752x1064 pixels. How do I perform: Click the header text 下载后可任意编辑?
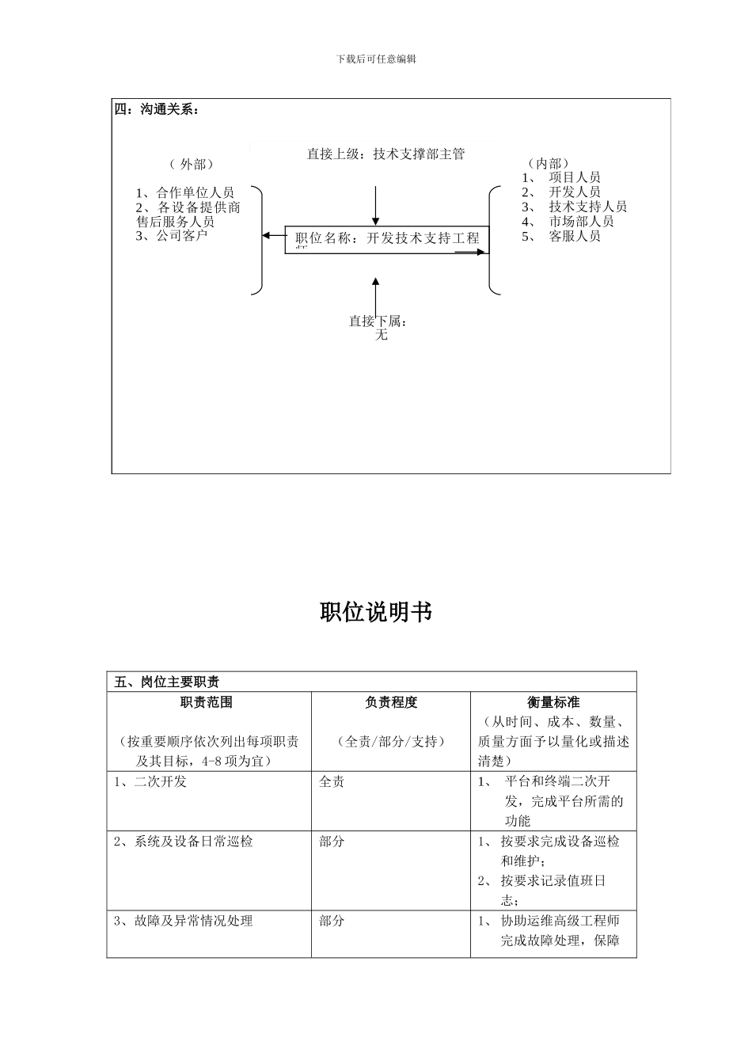pyautogui.click(x=376, y=59)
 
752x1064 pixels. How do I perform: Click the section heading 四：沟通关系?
pyautogui.click(x=156, y=109)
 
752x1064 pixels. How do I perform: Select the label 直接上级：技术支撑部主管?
pyautogui.click(x=385, y=154)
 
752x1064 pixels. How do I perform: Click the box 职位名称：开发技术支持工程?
pyautogui.click(x=387, y=238)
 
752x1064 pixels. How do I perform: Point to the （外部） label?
pyautogui.click(x=191, y=165)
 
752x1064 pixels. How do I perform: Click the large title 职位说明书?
pyautogui.click(x=376, y=612)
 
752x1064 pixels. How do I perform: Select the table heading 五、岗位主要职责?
pyautogui.click(x=167, y=682)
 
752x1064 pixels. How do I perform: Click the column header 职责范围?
pyautogui.click(x=207, y=702)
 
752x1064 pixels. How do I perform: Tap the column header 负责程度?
pyautogui.click(x=391, y=702)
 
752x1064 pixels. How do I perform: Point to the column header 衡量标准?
pyautogui.click(x=553, y=702)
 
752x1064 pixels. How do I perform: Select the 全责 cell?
pyautogui.click(x=332, y=782)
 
